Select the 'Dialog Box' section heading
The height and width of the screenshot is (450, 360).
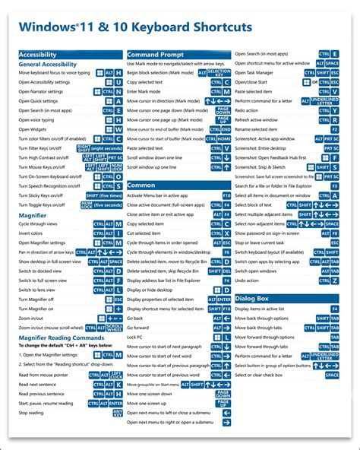click(255, 299)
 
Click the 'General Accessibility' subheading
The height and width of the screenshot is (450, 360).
click(47, 65)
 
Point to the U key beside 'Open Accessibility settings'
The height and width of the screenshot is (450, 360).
click(118, 82)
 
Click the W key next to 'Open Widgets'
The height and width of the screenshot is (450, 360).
click(118, 129)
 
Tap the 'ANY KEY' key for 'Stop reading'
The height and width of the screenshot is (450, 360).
click(118, 413)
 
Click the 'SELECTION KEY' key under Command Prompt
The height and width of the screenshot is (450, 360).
click(219, 72)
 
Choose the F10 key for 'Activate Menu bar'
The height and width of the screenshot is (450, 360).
click(226, 195)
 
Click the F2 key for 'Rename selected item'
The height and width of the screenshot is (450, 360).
click(334, 129)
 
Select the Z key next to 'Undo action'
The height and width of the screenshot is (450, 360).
click(334, 280)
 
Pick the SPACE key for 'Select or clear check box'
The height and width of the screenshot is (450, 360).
click(332, 375)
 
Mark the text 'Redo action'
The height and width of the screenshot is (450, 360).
click(251, 110)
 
